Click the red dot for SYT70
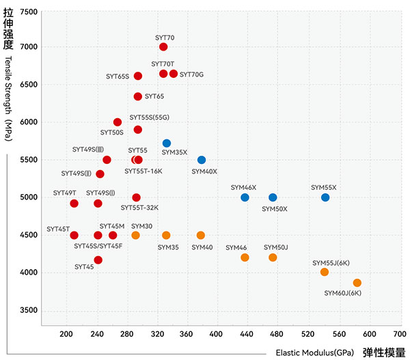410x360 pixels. tap(163, 47)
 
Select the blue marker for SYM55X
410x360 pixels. tap(325, 197)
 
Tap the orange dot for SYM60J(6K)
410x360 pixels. tap(357, 283)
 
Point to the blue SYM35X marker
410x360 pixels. tap(167, 143)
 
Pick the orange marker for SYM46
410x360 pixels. tap(245, 258)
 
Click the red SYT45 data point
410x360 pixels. tap(98, 260)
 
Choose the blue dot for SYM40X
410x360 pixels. tap(202, 160)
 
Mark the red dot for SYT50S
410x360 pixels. tap(118, 122)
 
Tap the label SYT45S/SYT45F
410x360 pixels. tap(98, 246)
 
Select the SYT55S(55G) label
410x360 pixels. tap(150, 117)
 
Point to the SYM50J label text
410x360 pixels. tap(276, 247)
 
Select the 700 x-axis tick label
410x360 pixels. tap(400, 334)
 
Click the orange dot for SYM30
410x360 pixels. tap(135, 235)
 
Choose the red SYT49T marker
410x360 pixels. tap(74, 204)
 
